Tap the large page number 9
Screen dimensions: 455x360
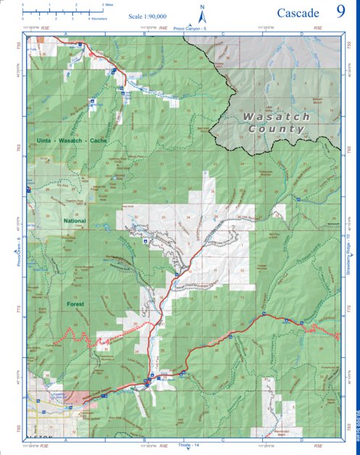point(340,12)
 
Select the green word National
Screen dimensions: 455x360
point(75,221)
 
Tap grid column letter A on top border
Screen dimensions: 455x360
point(66,34)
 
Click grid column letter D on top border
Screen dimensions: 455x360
point(301,34)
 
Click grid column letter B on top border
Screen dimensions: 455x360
point(143,34)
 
